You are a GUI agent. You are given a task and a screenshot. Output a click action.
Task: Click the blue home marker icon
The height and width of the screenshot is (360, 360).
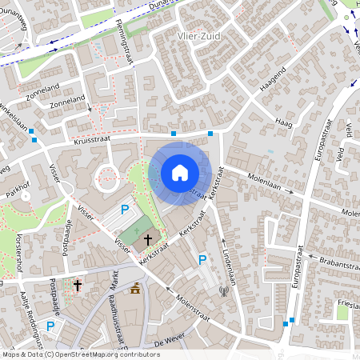pos(180,173)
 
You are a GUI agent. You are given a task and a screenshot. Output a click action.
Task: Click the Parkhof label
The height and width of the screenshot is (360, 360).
pos(17,194)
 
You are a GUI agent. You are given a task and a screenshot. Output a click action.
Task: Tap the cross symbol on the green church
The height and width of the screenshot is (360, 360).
pos(147,239)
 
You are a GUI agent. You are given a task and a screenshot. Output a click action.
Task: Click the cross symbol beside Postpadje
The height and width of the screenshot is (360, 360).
pos(78,284)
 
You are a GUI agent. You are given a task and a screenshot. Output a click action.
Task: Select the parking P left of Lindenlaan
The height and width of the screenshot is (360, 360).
pos(202,260)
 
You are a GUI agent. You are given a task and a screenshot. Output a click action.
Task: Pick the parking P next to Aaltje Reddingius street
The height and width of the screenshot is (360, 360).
pos(50,326)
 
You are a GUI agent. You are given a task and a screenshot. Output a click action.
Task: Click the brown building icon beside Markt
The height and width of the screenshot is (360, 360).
pos(135,288)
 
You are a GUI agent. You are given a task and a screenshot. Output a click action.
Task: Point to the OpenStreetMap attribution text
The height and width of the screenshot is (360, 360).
pos(80,354)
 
